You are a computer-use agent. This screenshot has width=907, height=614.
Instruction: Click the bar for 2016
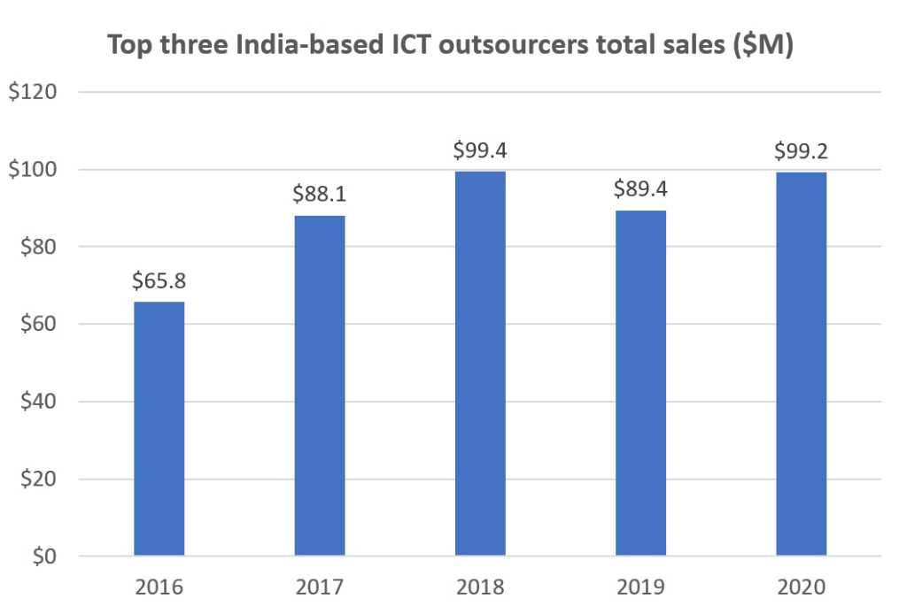[159, 429]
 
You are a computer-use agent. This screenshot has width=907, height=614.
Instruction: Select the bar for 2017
[320, 386]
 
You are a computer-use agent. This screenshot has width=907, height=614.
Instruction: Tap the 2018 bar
[480, 364]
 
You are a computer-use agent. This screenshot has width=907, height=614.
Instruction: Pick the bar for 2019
[640, 383]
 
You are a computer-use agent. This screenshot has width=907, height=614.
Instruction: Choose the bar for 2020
[801, 364]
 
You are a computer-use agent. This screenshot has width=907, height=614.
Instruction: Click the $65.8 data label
[159, 281]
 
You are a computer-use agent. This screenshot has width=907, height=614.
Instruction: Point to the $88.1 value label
[320, 195]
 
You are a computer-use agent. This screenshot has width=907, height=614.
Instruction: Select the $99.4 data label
[480, 150]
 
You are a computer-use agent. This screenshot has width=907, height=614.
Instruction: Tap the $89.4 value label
[640, 189]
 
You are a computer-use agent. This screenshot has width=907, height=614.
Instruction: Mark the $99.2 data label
[801, 150]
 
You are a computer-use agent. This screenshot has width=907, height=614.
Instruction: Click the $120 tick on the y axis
[33, 92]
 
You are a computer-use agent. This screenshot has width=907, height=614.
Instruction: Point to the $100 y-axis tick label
[33, 170]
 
